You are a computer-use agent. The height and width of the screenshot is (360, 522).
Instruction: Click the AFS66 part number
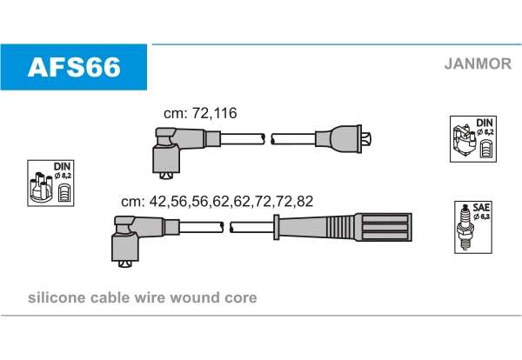pos(74,67)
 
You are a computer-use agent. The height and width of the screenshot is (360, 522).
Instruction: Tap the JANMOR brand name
pos(478,63)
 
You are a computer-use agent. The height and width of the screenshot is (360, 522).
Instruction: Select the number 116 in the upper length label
pos(225,113)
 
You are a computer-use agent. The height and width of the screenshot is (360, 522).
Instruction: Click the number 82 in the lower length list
pos(304,201)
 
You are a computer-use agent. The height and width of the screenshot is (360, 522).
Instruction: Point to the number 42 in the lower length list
pos(158,201)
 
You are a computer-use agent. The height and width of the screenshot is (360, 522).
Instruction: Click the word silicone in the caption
pos(57,297)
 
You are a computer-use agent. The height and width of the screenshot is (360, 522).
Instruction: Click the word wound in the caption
pos(195,297)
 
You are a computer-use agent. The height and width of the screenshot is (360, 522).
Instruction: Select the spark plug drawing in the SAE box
pos(465,227)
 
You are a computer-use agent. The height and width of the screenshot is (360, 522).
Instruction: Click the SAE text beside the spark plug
pos(481,208)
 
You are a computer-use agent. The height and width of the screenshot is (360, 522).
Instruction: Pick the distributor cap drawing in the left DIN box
pos(41,187)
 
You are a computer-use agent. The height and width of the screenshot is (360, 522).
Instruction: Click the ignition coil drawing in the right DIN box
pos(464,142)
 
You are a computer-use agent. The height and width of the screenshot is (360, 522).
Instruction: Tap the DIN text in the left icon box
pos(63,166)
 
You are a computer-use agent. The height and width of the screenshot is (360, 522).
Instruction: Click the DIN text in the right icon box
pos(485,123)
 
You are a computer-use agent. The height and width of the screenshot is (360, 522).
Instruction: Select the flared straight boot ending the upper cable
pos(343,139)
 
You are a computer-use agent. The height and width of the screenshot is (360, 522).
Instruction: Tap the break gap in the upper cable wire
pos(268,139)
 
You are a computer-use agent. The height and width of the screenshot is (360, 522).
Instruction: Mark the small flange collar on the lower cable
pos(276,227)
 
